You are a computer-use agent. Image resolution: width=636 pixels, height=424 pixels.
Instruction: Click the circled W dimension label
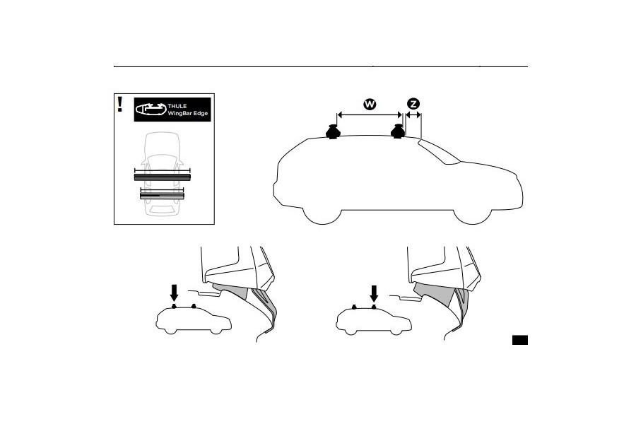point(370,105)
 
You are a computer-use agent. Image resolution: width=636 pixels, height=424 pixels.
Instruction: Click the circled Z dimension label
point(413,104)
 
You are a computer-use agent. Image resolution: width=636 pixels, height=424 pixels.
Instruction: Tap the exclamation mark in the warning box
point(119,105)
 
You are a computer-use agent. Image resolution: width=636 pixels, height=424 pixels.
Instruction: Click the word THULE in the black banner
point(177,106)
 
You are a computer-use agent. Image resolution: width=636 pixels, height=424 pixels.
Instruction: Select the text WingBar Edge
point(188,113)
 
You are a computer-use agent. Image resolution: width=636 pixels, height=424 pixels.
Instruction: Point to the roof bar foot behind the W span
point(333,131)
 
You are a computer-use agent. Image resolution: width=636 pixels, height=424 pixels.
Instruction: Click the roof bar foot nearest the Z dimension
point(397,131)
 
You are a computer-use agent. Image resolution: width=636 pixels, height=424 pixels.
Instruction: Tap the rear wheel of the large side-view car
point(322,214)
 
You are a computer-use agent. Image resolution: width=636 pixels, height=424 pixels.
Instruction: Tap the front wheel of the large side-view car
point(473,214)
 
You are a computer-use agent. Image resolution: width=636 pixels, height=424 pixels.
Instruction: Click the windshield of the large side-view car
point(439,152)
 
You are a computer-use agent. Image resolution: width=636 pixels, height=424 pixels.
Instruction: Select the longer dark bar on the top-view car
point(163,177)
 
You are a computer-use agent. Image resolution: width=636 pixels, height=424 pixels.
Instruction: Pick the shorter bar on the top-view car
point(163,196)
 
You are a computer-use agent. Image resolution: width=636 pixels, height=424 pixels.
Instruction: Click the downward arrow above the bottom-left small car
point(174,293)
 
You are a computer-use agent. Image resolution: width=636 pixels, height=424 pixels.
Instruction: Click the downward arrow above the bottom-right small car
point(374,293)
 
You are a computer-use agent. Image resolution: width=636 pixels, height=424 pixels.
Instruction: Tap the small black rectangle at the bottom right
point(520,340)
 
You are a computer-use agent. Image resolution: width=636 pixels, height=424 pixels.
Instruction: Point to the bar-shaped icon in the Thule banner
point(151,109)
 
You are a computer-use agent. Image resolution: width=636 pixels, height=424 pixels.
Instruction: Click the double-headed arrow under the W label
point(370,115)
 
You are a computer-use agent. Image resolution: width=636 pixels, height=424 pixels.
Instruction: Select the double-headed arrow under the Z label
point(413,115)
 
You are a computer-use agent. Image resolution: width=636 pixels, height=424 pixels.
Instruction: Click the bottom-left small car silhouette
point(194,319)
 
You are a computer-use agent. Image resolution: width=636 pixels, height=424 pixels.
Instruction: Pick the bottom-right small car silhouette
point(374,319)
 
